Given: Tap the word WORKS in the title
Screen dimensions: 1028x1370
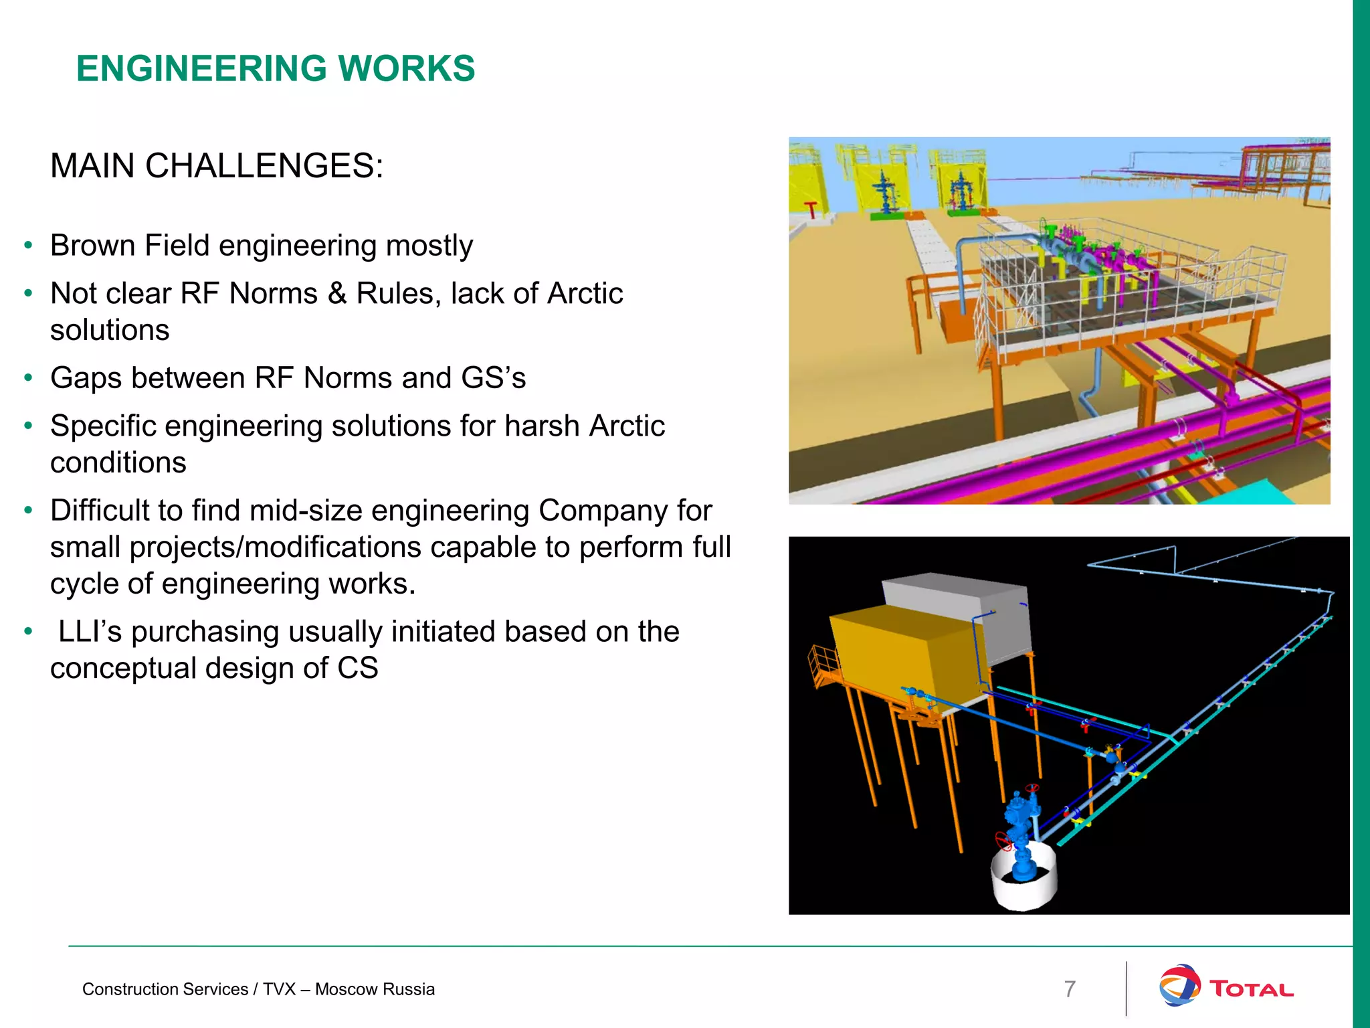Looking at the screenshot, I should [x=407, y=69].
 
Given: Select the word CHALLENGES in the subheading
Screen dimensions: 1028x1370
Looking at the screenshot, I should [x=264, y=166].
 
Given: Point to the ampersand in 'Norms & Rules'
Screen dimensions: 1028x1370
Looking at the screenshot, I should [x=336, y=294].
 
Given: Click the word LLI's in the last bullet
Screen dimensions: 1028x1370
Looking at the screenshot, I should [x=90, y=632].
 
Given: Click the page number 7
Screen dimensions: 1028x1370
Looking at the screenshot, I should [x=1070, y=989].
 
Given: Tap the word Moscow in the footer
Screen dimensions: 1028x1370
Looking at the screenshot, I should [x=348, y=989].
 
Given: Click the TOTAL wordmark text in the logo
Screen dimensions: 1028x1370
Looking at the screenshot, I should [x=1251, y=989].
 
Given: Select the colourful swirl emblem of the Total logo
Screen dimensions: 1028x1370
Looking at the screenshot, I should [x=1179, y=985].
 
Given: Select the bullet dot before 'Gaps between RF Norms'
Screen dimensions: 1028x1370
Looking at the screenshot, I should [x=27, y=378].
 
